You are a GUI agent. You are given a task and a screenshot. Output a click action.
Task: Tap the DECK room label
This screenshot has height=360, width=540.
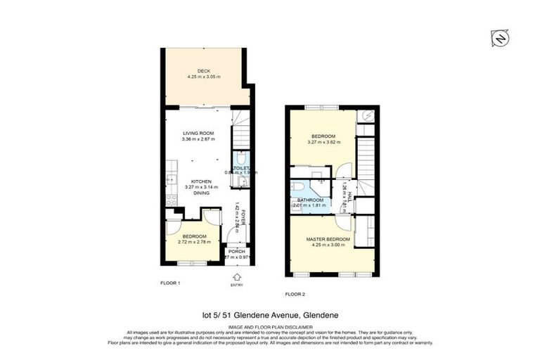coord(203,70)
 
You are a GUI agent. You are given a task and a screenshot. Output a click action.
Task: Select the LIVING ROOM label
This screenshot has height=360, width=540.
coord(198,133)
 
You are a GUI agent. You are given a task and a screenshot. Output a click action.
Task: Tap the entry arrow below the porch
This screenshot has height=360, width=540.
coord(236,276)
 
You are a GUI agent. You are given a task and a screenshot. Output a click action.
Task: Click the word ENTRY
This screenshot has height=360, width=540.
coord(236,285)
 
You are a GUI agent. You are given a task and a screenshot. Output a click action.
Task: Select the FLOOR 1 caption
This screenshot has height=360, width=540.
coord(171,283)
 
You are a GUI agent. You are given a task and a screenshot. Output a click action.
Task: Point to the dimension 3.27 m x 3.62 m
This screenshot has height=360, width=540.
coord(323,142)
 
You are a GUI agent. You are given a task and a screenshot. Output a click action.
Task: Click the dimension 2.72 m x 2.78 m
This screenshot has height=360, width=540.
coord(193,242)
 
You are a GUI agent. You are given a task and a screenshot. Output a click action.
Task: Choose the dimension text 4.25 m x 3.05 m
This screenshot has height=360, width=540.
coord(203,76)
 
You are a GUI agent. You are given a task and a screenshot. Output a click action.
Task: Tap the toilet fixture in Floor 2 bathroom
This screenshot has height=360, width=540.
coord(297,187)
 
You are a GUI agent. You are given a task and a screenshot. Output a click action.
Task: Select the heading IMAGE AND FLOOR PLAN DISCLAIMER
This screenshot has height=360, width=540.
coord(269,326)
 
